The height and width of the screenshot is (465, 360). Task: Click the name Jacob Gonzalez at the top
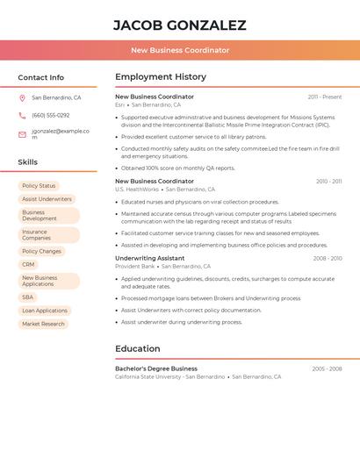tap(180, 25)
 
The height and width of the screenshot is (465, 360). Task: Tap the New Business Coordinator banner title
tap(180, 50)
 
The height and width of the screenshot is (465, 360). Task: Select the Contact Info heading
tap(41, 77)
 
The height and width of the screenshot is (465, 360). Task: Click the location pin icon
tap(22, 98)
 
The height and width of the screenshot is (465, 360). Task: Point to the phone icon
tap(22, 116)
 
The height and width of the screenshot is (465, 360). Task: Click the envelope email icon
tap(22, 134)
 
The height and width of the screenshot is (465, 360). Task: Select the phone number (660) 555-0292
tap(51, 116)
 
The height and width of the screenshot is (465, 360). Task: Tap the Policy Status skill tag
tap(39, 186)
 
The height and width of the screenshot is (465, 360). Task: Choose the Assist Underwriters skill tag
tap(47, 199)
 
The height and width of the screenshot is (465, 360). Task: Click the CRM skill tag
tap(28, 264)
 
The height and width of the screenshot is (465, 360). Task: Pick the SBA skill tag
tap(28, 297)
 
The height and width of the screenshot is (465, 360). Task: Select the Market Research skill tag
tap(43, 324)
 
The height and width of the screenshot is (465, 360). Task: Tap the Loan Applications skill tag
tap(45, 311)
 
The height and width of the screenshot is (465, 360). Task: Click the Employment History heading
tap(161, 77)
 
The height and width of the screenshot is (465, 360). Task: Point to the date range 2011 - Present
tap(325, 97)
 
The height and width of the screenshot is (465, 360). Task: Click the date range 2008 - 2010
tap(328, 259)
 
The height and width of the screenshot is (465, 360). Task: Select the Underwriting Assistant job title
tap(150, 259)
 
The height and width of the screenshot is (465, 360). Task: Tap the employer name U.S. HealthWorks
tap(137, 190)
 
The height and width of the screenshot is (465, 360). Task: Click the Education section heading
tap(138, 348)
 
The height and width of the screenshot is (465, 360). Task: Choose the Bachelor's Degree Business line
tap(156, 368)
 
